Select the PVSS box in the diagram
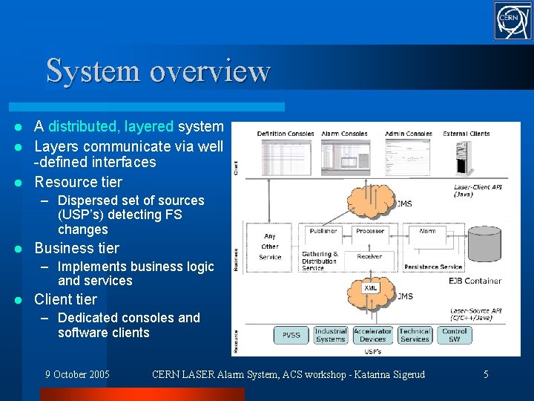click(291, 335)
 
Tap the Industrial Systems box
click(330, 335)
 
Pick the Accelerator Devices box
click(372, 335)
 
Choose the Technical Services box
click(414, 335)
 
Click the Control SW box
click(454, 335)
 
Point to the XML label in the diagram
click(371, 287)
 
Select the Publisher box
click(323, 231)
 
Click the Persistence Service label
click(433, 266)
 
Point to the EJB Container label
click(475, 281)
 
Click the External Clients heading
click(466, 134)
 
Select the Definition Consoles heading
click(286, 134)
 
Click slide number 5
click(486, 374)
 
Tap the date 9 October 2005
click(77, 374)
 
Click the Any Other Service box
click(270, 247)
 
